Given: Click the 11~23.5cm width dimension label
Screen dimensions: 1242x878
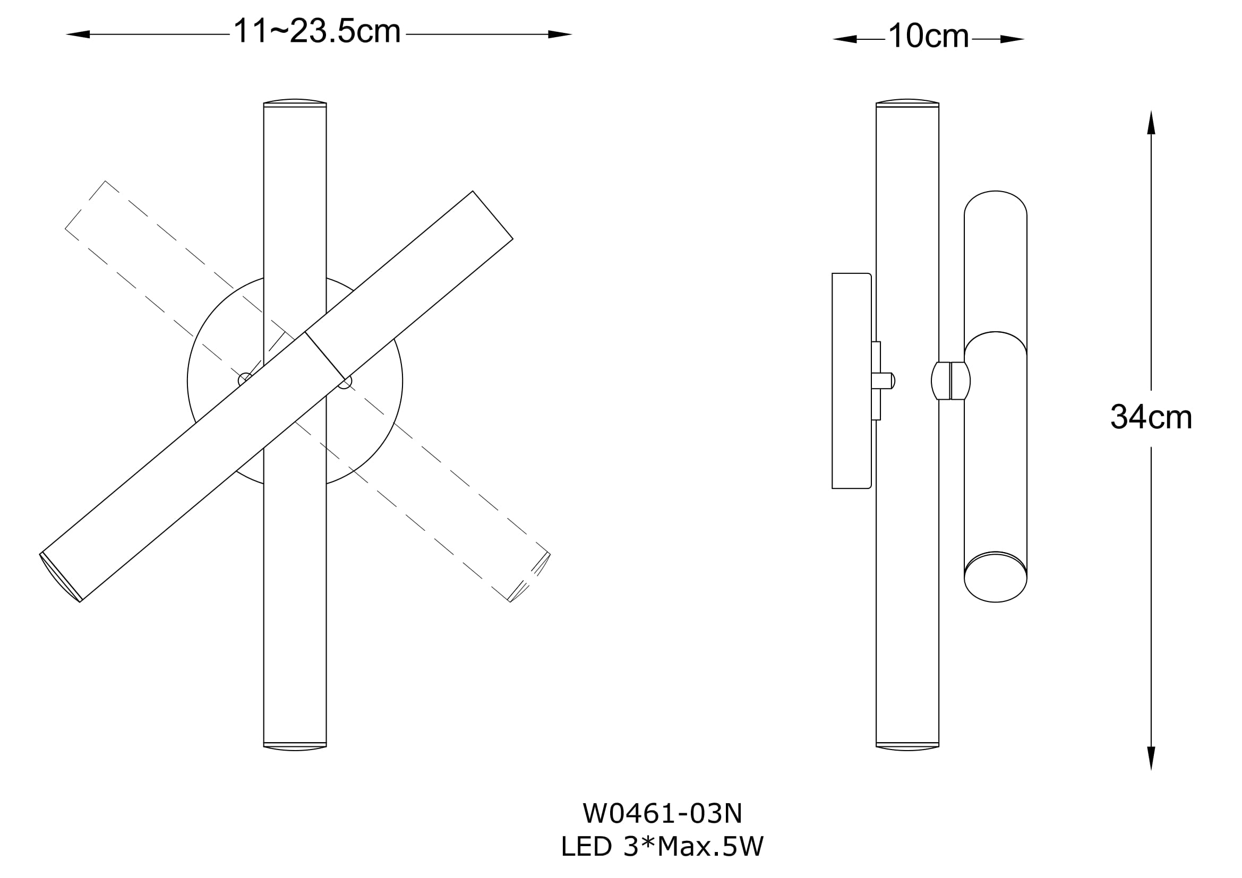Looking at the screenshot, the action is click(317, 31).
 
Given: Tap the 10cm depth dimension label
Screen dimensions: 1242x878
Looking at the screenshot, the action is click(928, 36).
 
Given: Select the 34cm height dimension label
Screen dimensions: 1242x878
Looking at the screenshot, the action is click(1151, 417).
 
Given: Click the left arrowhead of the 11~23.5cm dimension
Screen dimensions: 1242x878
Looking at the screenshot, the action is click(78, 35).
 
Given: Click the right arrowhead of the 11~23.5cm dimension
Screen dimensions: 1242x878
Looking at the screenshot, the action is click(560, 35).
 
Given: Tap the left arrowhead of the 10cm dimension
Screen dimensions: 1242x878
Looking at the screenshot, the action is click(844, 39).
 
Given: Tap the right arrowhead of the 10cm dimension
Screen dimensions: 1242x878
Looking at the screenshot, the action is click(1012, 39).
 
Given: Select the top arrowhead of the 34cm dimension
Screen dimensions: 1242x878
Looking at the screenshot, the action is click(1151, 122).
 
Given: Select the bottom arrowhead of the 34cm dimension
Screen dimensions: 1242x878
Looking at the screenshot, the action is click(1151, 759).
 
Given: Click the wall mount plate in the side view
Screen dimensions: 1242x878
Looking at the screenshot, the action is click(851, 381).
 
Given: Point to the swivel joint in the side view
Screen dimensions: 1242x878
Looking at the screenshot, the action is click(950, 381).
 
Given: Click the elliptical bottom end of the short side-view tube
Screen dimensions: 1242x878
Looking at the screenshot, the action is click(995, 577).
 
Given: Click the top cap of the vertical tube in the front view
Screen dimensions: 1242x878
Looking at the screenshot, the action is click(295, 103).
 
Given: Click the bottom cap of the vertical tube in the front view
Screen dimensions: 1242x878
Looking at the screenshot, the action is click(295, 747).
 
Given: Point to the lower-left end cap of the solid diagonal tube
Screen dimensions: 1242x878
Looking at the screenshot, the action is click(60, 578).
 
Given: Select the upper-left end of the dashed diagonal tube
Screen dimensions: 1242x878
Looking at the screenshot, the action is click(85, 205).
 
